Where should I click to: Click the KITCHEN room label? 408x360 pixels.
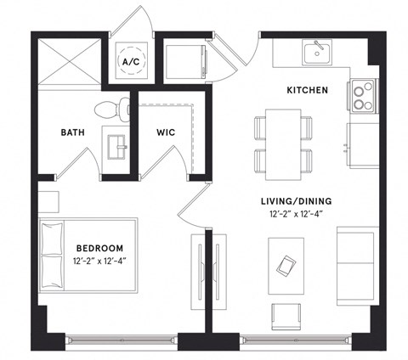(307, 89)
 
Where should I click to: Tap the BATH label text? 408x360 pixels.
(72, 132)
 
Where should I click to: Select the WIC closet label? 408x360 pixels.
(166, 132)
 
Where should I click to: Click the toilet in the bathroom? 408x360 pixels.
(112, 108)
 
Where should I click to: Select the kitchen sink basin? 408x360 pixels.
(317, 52)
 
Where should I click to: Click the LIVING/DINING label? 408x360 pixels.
(297, 201)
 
